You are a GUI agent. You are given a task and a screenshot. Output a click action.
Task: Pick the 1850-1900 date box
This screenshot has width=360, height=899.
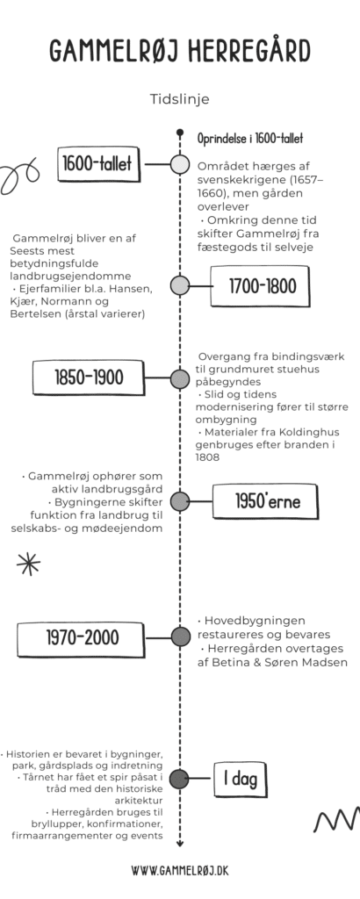89,378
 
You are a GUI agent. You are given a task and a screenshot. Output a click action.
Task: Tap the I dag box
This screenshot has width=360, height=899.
237,778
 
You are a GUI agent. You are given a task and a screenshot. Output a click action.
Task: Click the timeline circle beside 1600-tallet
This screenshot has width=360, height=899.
179,163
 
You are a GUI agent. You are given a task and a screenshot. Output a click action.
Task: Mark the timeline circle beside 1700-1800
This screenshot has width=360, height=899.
179,286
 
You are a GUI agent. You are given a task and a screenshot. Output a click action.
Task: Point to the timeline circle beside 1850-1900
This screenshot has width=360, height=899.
179,379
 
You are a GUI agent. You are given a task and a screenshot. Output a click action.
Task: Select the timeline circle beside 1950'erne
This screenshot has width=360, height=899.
179,501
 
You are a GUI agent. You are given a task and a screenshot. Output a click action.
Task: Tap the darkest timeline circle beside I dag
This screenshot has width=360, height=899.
179,778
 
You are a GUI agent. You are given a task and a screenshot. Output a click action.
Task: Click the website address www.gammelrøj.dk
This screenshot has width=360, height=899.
179,870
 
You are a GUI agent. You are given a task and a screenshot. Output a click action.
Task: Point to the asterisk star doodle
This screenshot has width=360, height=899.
29,564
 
